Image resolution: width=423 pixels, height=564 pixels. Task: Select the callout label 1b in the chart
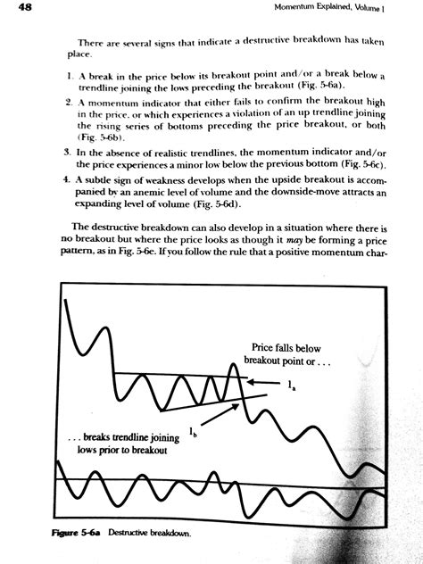pyautogui.click(x=194, y=433)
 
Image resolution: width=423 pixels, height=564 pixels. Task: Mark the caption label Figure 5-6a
pyautogui.click(x=77, y=535)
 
